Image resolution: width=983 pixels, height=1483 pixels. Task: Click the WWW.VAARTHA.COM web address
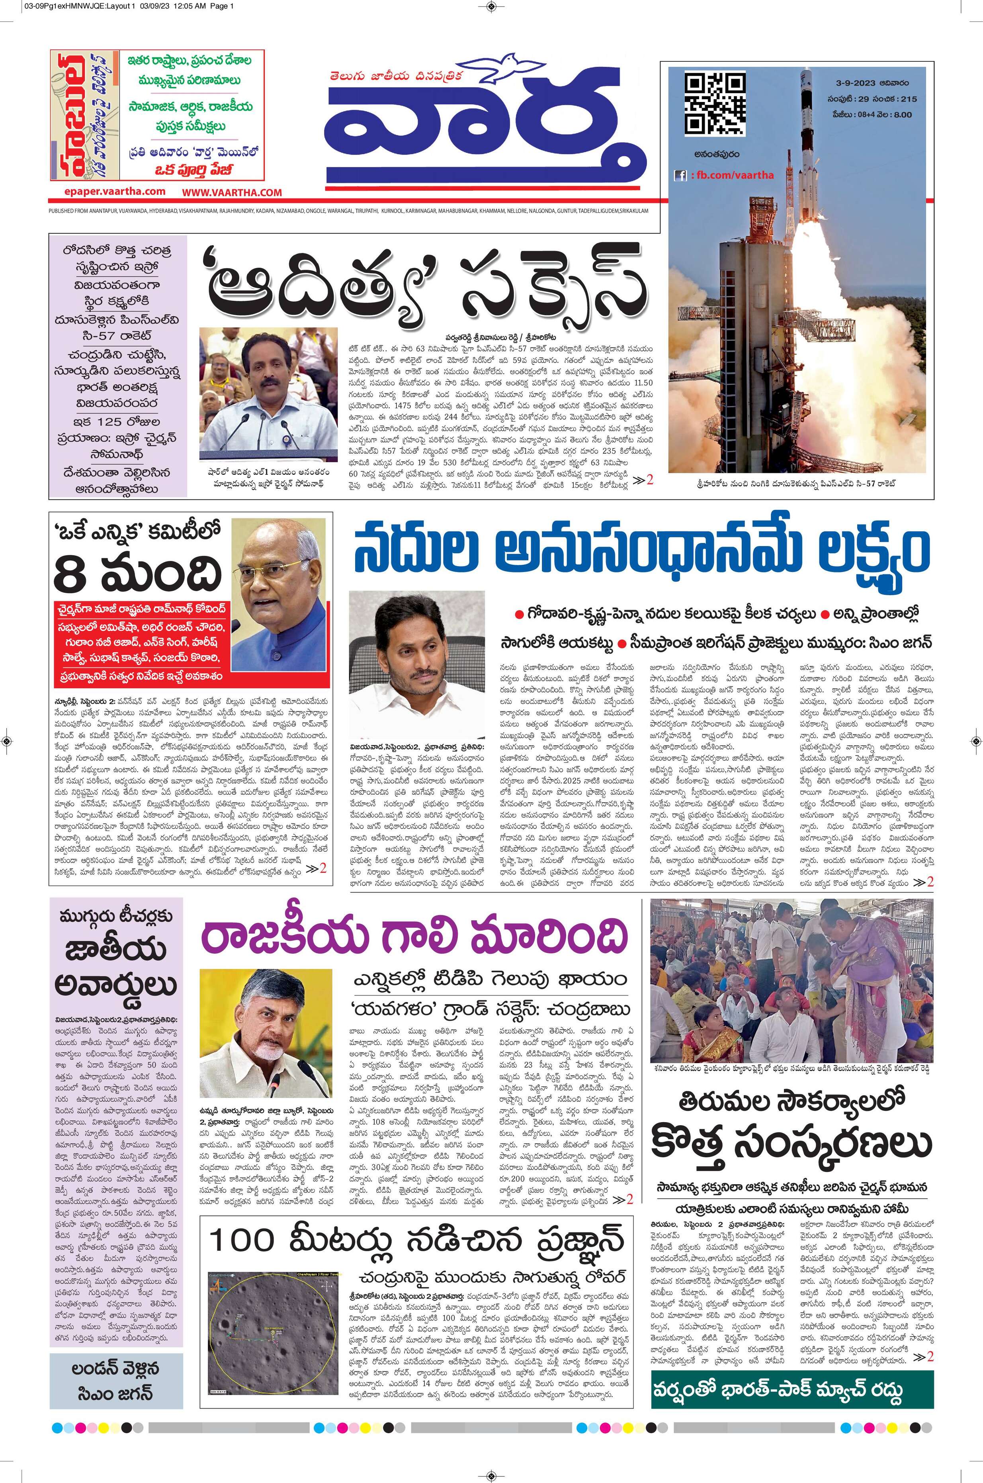232,192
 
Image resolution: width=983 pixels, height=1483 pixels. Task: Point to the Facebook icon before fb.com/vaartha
680,176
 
